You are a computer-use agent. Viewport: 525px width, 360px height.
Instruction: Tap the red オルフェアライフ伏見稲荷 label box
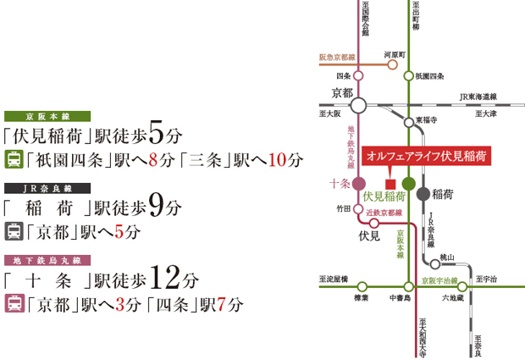tap(427, 157)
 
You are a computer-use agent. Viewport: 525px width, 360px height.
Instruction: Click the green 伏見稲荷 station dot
tap(408, 183)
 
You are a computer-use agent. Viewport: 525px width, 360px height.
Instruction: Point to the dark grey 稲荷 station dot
tap(423, 193)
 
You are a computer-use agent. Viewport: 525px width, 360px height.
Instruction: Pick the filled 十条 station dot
tap(358, 183)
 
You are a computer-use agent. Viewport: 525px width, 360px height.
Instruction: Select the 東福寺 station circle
tap(408, 121)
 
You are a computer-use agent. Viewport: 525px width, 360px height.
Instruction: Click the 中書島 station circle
tap(408, 286)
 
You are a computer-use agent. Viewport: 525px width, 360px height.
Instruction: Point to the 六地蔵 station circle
tap(462, 286)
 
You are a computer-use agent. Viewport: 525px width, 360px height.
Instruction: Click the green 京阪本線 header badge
tap(41, 116)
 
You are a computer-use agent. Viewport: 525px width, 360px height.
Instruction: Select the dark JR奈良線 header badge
tap(41, 187)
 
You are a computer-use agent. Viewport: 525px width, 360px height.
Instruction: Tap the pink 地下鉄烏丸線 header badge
tap(41, 260)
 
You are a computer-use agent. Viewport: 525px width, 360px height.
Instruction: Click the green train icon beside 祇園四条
tap(14, 158)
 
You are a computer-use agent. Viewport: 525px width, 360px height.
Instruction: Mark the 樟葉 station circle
tap(358, 286)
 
